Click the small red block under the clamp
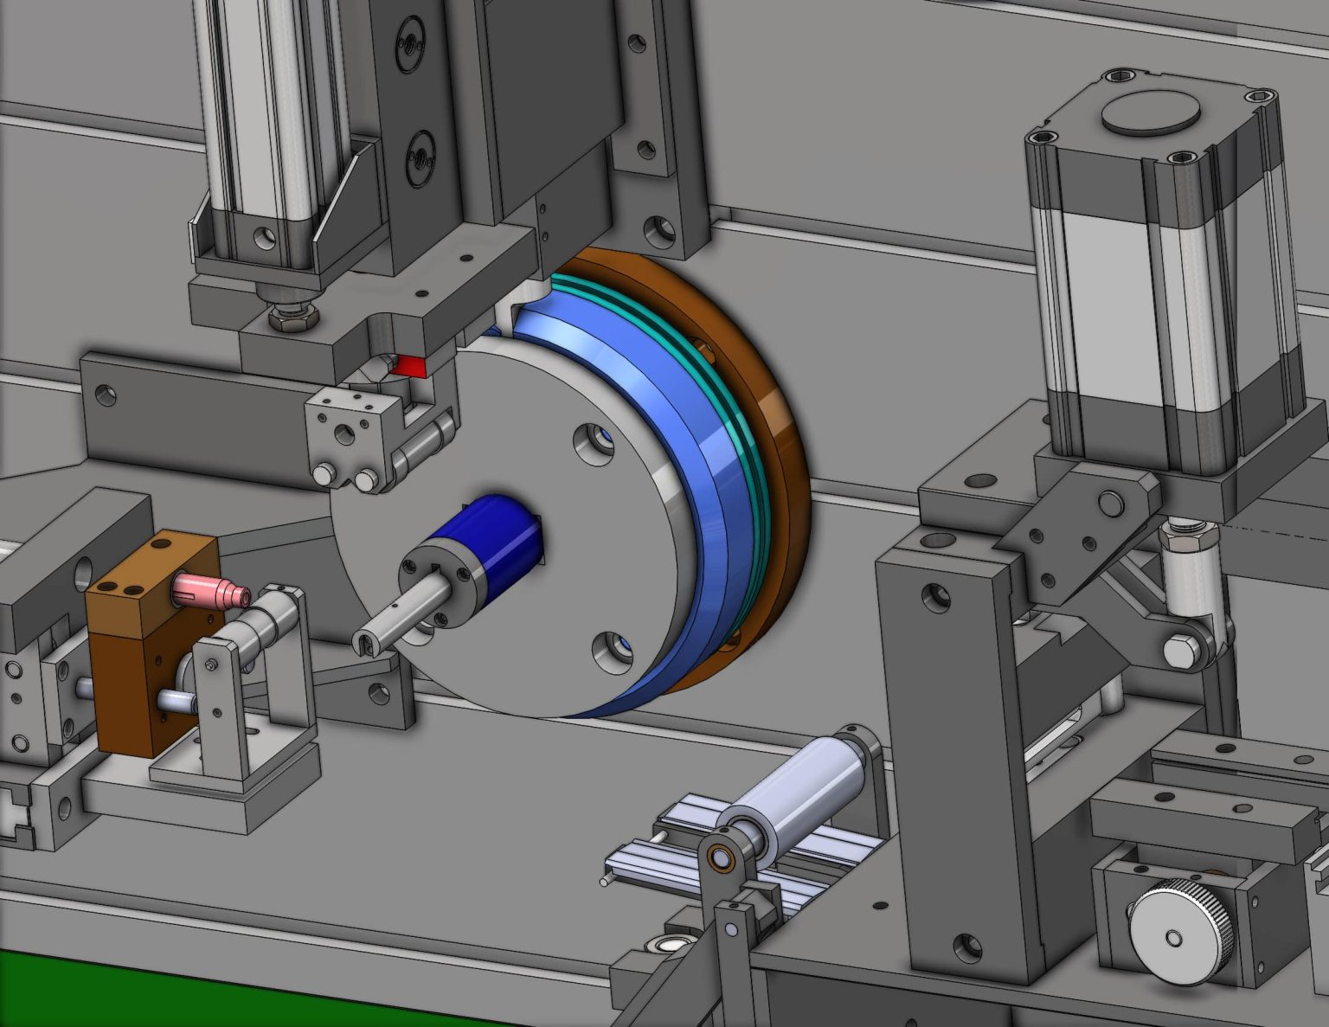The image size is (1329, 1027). click(x=410, y=366)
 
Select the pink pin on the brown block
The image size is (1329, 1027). click(x=208, y=591)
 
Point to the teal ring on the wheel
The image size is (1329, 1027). click(x=744, y=433)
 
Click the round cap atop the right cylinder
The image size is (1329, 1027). click(x=1150, y=112)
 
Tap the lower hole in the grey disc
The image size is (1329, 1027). click(x=613, y=649)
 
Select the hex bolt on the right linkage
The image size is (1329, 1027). click(x=1180, y=650)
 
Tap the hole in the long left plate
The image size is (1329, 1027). click(x=106, y=395)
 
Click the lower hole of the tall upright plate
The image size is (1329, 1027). click(x=966, y=947)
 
